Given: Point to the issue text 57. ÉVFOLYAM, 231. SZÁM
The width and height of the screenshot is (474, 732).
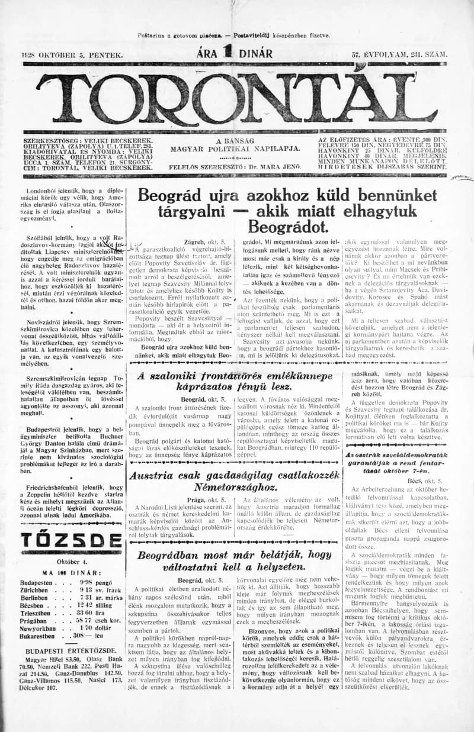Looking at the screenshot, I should [399, 55].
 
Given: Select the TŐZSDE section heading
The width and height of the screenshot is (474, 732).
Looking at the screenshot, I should [71, 540].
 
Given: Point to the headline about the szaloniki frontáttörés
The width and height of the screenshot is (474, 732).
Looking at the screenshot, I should [234, 381].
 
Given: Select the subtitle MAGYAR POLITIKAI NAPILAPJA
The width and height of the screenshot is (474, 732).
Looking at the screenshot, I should [235, 149].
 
